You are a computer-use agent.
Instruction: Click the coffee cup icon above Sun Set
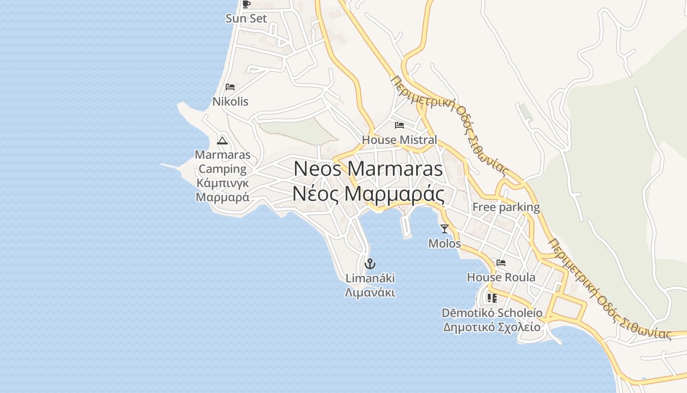click(x=246, y=4)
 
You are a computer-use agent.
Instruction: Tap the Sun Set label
click(x=246, y=19)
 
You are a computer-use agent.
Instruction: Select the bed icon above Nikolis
click(x=230, y=87)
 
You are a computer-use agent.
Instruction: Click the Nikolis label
click(x=230, y=102)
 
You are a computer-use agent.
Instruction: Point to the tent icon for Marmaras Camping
click(x=222, y=141)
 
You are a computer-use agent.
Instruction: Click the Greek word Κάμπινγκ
click(x=222, y=183)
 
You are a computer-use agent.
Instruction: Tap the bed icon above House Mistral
click(x=399, y=125)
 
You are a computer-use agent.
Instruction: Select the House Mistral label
click(x=399, y=140)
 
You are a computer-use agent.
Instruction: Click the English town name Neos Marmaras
click(x=368, y=169)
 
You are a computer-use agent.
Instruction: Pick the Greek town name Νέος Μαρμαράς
click(x=368, y=194)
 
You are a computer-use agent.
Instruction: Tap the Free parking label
click(x=506, y=207)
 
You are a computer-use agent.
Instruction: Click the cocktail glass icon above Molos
click(x=445, y=228)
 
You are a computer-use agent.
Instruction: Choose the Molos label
click(x=445, y=243)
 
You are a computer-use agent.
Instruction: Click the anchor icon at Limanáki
click(x=370, y=264)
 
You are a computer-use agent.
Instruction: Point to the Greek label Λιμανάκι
click(x=370, y=292)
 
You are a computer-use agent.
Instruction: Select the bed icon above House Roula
click(x=501, y=263)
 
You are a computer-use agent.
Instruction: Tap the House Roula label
click(x=501, y=278)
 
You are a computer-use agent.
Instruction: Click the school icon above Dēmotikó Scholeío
click(x=492, y=298)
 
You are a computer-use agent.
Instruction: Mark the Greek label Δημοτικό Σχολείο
click(x=492, y=327)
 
